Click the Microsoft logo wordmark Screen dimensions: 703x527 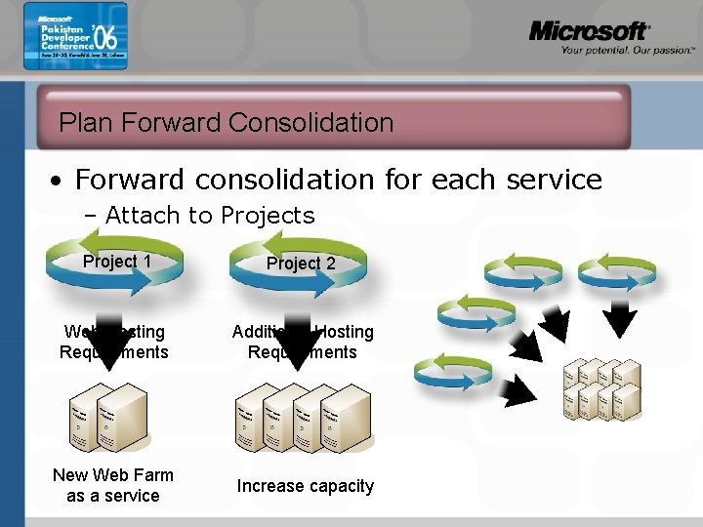(589, 31)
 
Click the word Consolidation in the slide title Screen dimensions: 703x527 (310, 123)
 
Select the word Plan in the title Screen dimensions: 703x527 (80, 123)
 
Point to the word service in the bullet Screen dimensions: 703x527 (553, 180)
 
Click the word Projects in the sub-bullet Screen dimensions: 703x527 (268, 216)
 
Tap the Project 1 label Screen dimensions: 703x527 (117, 261)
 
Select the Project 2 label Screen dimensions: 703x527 (301, 263)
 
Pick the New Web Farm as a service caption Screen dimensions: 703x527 (113, 485)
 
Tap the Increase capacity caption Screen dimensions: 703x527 (306, 486)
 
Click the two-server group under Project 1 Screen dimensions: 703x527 (108, 421)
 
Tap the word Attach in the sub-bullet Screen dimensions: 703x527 (139, 216)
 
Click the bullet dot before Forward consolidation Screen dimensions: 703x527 (60, 182)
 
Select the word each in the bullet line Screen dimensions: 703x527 (464, 180)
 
